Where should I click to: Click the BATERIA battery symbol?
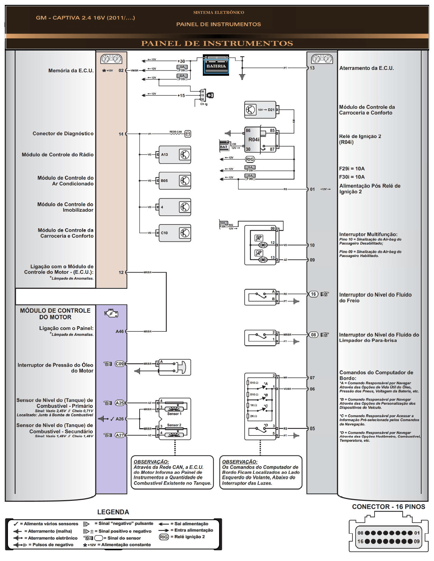pyautogui.click(x=216, y=65)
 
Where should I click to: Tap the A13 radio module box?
pyautogui.click(x=174, y=155)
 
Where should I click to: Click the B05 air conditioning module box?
pyautogui.click(x=174, y=181)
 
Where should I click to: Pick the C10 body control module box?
pyautogui.click(x=174, y=233)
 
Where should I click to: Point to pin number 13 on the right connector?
pyautogui.click(x=312, y=68)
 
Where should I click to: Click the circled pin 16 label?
pyautogui.click(x=313, y=294)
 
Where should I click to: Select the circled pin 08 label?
pyautogui.click(x=313, y=335)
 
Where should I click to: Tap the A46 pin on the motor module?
pyautogui.click(x=120, y=331)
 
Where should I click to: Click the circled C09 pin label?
pyautogui.click(x=120, y=364)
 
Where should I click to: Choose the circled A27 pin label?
pyautogui.click(x=120, y=435)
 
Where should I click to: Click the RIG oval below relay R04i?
pyautogui.click(x=250, y=159)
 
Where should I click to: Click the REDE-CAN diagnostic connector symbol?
pyautogui.click(x=188, y=134)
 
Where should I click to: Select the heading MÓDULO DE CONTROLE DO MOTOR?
pyautogui.click(x=55, y=314)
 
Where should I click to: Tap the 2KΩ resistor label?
pyautogui.click(x=253, y=416)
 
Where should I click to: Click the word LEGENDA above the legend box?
pyautogui.click(x=113, y=512)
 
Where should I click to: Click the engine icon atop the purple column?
pyautogui.click(x=111, y=314)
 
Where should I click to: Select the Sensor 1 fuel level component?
pyautogui.click(x=174, y=408)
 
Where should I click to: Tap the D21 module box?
pyautogui.click(x=260, y=110)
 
